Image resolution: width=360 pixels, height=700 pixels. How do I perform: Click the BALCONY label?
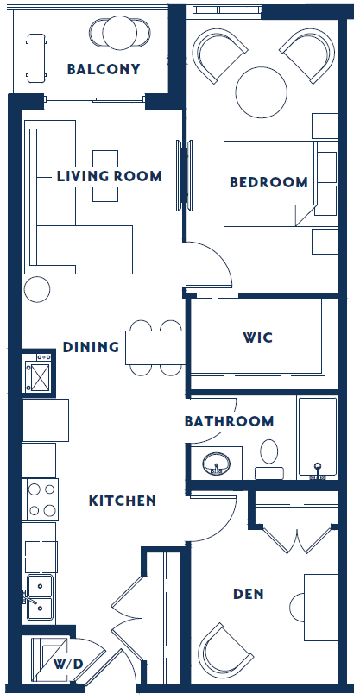103,70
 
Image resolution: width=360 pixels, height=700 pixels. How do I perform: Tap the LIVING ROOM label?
109,176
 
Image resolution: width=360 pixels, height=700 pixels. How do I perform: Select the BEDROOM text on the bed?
268,182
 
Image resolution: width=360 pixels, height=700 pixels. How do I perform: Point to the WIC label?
257,337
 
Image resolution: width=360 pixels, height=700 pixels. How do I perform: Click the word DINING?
91,347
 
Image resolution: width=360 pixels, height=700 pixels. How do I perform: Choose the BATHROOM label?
229,421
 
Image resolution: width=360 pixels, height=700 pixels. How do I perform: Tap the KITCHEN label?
123,501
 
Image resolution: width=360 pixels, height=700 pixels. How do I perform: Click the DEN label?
248,594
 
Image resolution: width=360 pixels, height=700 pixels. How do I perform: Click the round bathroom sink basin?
214,465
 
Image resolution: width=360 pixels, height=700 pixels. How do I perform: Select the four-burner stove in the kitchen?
40,498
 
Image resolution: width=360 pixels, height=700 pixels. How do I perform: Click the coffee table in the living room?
105,176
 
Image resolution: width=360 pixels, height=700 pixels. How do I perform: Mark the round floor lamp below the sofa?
36,290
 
